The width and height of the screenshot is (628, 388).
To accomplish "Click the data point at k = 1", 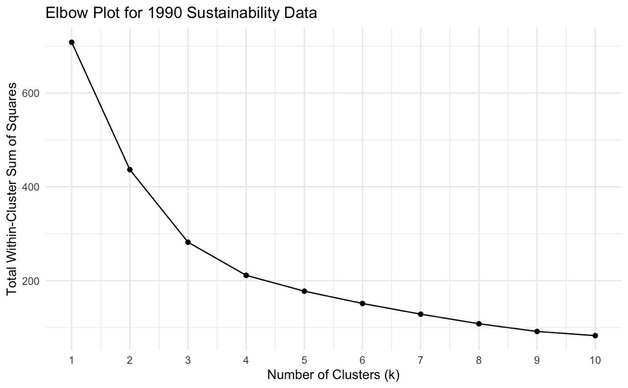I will click(x=72, y=43).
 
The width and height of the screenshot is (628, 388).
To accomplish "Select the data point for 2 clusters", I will click(x=130, y=170).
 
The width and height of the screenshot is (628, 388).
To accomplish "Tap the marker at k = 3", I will click(x=188, y=242).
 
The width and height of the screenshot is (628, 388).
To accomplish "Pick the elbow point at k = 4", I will click(x=246, y=275).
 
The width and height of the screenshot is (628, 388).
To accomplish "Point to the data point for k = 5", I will click(x=304, y=291).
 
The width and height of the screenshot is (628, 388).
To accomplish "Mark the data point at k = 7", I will click(x=420, y=314).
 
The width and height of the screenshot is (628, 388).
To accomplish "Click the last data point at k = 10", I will click(x=595, y=336).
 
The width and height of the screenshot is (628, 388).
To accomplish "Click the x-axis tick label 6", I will click(x=362, y=361).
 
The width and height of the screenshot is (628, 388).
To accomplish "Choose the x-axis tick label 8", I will click(x=478, y=361).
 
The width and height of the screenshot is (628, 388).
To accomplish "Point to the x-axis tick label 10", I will click(x=595, y=361).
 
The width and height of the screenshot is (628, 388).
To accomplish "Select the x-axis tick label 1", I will click(x=72, y=361).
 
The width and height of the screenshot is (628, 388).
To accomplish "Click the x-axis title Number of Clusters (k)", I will click(x=333, y=376).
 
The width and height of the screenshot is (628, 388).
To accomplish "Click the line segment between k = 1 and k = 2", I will click(x=101, y=106).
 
